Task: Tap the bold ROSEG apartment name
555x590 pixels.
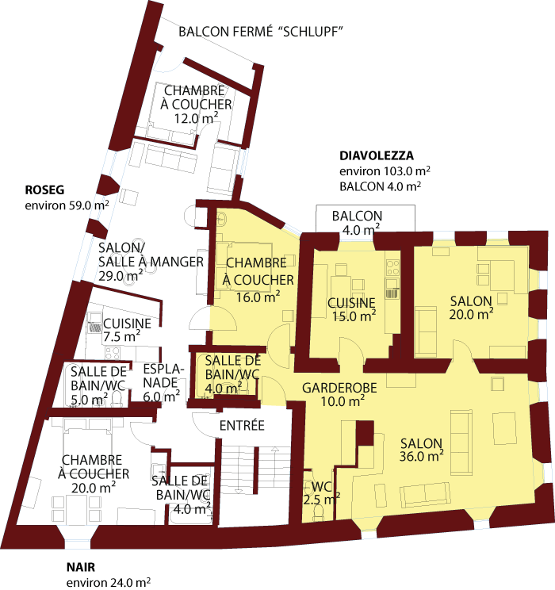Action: coord(44,190)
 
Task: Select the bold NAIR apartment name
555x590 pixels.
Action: coord(82,567)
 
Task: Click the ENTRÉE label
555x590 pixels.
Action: coord(241,426)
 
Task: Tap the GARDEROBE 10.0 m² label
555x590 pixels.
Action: coord(333,394)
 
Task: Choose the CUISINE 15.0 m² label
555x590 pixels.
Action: coord(351,308)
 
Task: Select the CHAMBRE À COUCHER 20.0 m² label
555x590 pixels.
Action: coord(94,473)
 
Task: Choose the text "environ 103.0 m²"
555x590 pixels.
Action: coord(385,171)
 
